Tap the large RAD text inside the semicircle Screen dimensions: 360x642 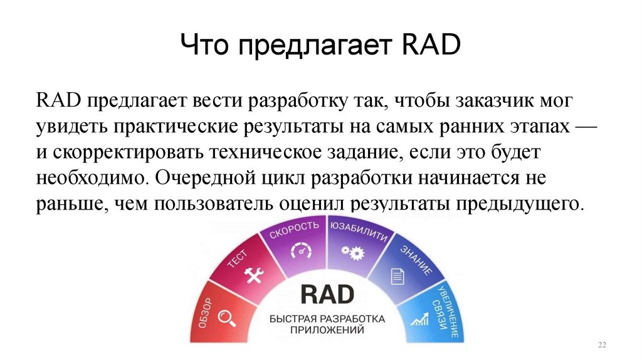pyautogui.click(x=327, y=294)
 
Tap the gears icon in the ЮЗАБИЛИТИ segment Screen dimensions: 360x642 pyautogui.click(x=352, y=251)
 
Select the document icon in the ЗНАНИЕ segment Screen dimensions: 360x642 pyautogui.click(x=396, y=275)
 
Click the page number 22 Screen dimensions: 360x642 pyautogui.click(x=603, y=346)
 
